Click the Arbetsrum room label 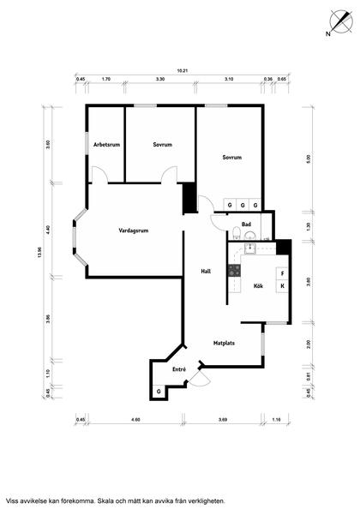107,145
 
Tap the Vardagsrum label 134,231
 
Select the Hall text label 206,271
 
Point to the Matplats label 224,343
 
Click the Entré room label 179,369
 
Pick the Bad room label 246,224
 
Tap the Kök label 258,286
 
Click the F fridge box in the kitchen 282,273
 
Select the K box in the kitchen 282,286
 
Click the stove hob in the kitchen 234,271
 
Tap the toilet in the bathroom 237,233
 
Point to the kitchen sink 250,248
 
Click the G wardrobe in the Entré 159,392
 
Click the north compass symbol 340,22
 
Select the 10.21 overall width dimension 183,70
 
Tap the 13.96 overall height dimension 39,253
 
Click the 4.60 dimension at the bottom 135,420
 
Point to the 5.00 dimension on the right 309,159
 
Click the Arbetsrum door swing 99,175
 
